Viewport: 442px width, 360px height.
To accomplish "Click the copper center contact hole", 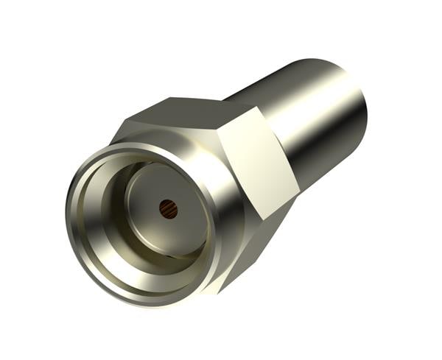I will pos(169,210).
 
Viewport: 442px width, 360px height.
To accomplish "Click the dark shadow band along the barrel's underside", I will pos(324,158).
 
